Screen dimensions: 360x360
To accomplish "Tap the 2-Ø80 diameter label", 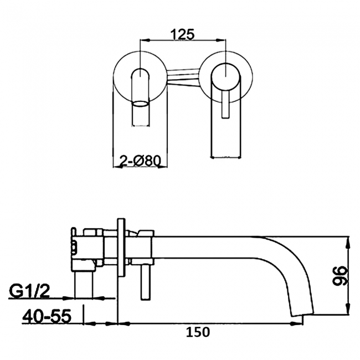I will [x=140, y=161].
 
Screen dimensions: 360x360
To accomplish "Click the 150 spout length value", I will [x=198, y=332].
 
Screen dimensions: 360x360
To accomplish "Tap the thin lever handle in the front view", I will [x=225, y=105].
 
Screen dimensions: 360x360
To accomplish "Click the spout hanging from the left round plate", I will [x=142, y=114].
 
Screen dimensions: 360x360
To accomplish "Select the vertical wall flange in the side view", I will [x=121, y=249].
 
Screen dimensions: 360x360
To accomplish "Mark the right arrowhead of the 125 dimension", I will [x=224, y=40].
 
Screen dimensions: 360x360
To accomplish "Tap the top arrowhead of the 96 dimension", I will [x=348, y=241].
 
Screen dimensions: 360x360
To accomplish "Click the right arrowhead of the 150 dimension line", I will [x=303, y=322].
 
